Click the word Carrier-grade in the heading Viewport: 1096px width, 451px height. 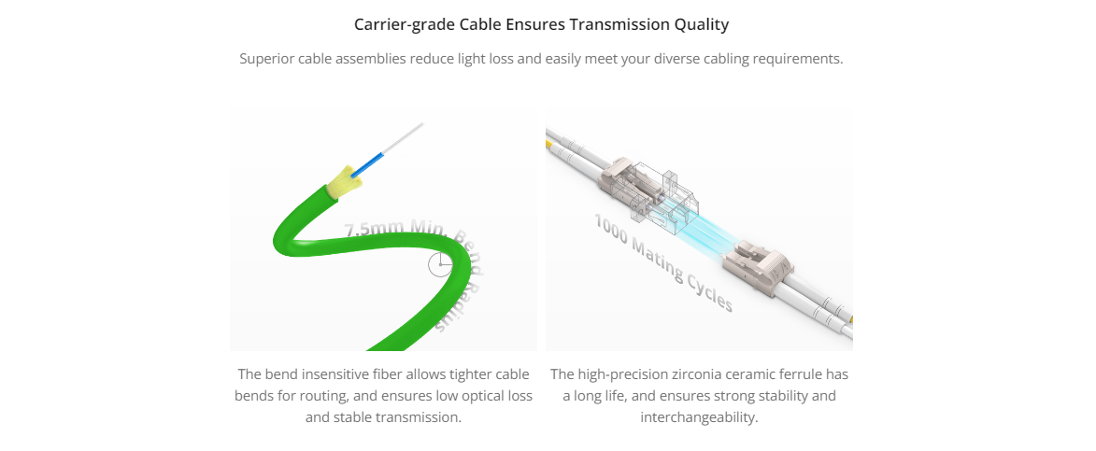point(405,25)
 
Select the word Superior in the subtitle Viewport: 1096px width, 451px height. point(267,60)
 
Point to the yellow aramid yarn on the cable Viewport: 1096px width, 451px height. point(344,180)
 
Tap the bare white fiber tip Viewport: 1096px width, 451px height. point(404,138)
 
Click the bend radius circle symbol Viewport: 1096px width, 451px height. point(440,264)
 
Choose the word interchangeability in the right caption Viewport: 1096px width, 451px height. point(699,418)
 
